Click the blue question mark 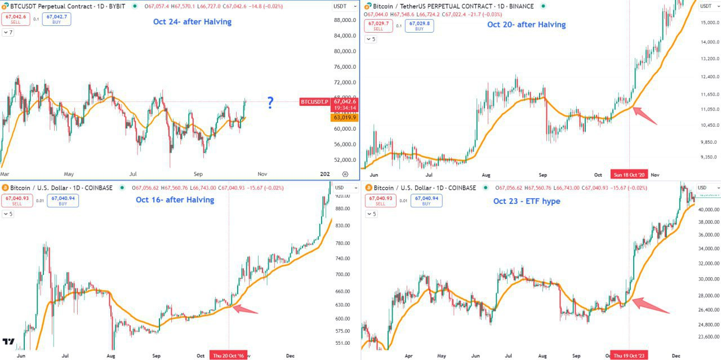(270, 103)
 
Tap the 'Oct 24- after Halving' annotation (192, 22)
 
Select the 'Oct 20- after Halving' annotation (526, 24)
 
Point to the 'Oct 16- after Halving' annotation (175, 200)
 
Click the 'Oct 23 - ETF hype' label (527, 201)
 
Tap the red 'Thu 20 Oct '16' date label (229, 355)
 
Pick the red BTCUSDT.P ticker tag (314, 101)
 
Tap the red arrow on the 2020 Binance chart (645, 115)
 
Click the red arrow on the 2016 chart (245, 309)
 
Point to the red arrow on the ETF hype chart (651, 305)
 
